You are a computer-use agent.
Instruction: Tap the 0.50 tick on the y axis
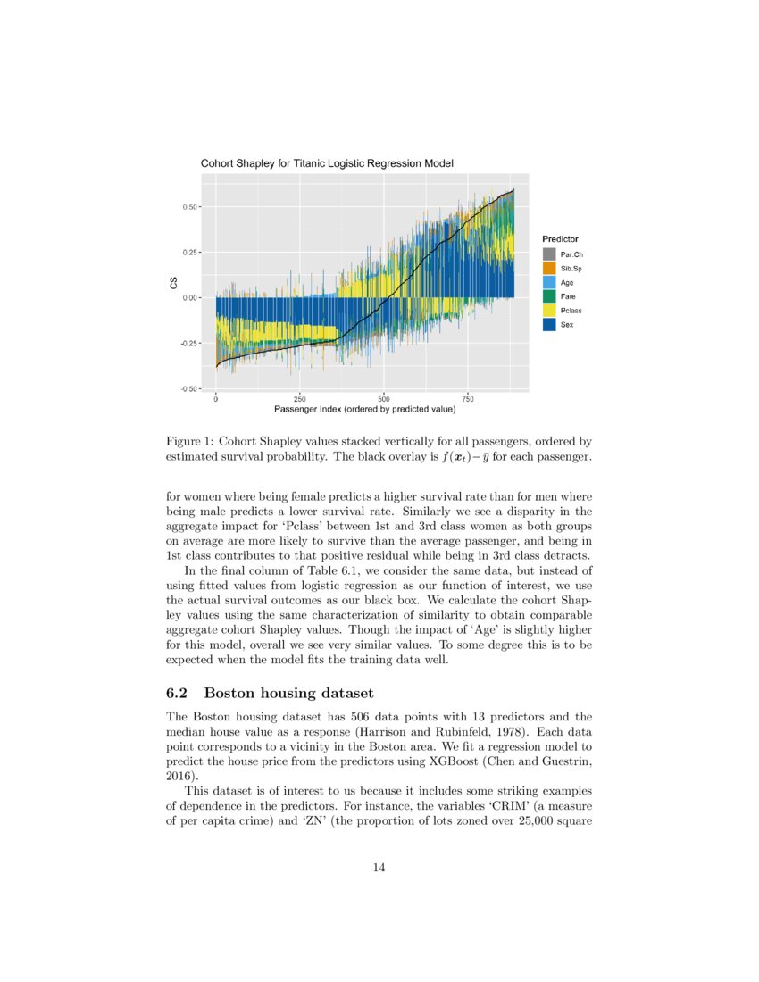189,207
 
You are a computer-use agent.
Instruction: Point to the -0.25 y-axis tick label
188,344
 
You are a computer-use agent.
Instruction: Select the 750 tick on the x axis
469,399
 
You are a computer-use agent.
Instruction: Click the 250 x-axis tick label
300,399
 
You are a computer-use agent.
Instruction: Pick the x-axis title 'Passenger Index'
364,409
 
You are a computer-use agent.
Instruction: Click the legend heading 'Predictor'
560,239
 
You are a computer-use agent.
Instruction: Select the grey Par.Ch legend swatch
549,255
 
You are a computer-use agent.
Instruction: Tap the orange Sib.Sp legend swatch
549,269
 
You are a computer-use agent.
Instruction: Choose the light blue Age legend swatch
549,283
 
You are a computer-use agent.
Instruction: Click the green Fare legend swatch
549,296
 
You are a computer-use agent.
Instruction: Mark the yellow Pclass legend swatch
549,311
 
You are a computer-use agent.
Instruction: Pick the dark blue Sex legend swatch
549,324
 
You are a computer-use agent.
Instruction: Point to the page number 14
379,867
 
